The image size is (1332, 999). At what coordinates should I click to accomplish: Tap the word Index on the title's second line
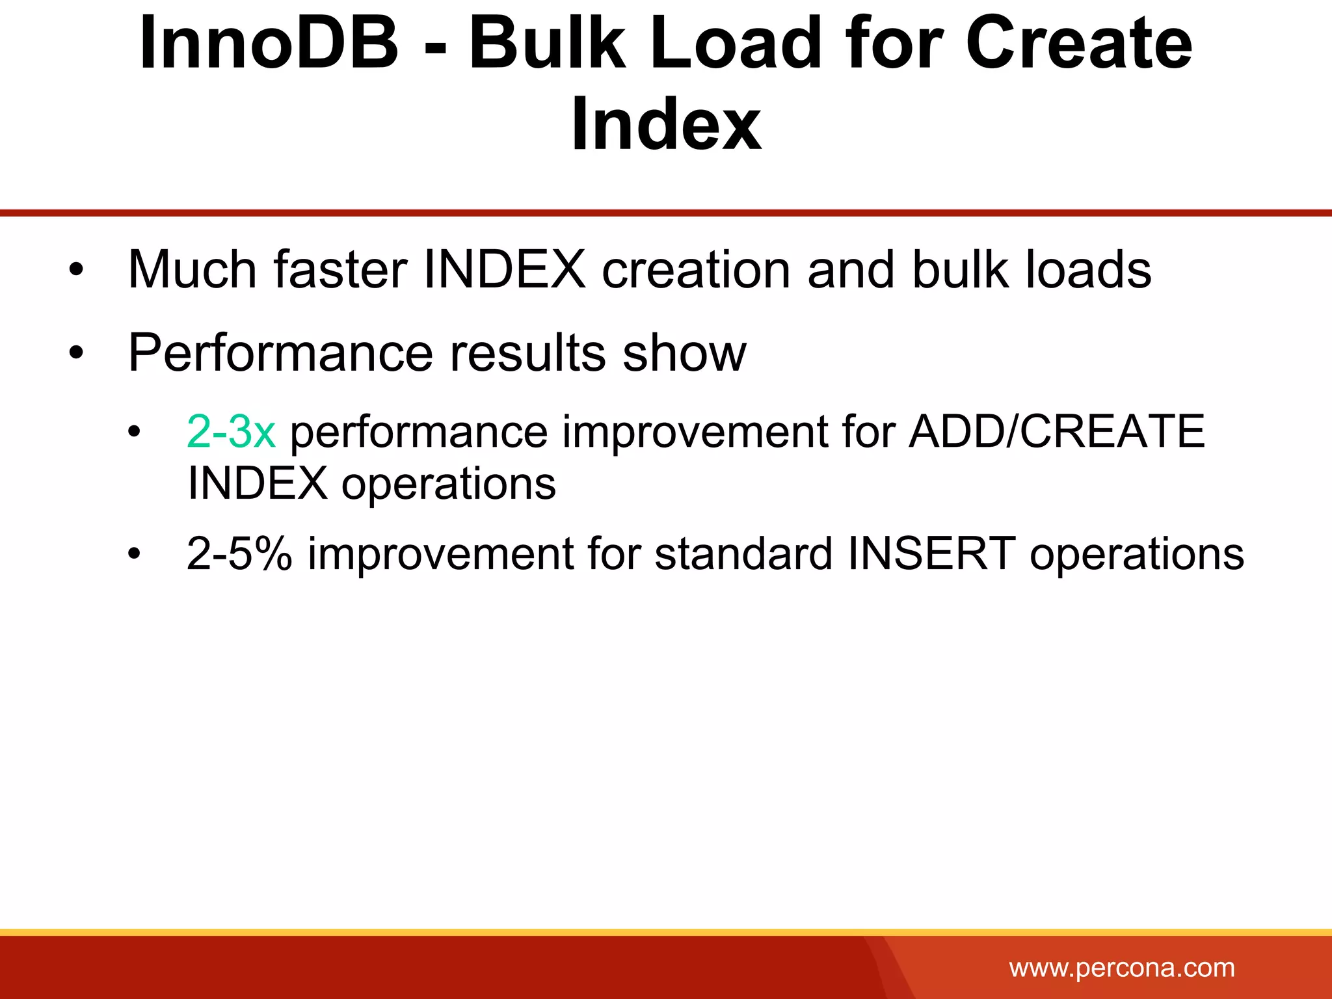(x=666, y=124)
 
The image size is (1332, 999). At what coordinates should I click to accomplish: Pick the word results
(x=528, y=353)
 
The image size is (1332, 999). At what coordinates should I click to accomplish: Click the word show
(x=684, y=353)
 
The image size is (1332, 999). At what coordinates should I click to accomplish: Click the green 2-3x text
(x=231, y=431)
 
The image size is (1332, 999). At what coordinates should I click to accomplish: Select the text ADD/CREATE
(x=1057, y=431)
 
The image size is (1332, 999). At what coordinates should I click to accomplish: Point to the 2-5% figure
(x=239, y=554)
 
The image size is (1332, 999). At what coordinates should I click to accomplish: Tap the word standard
(x=743, y=554)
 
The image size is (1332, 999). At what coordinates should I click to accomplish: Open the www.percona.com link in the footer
(x=1122, y=968)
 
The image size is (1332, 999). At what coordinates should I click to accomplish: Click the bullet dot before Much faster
(x=77, y=271)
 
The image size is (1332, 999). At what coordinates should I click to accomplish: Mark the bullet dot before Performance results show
(x=77, y=354)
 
